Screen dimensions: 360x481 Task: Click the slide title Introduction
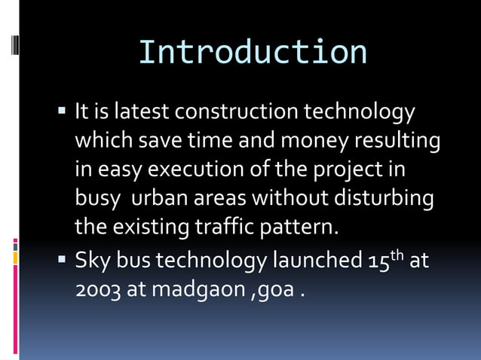[x=253, y=52]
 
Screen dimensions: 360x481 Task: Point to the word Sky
[x=90, y=261]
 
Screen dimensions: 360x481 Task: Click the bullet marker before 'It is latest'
[x=63, y=113]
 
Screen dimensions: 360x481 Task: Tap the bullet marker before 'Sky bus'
[x=63, y=261]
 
